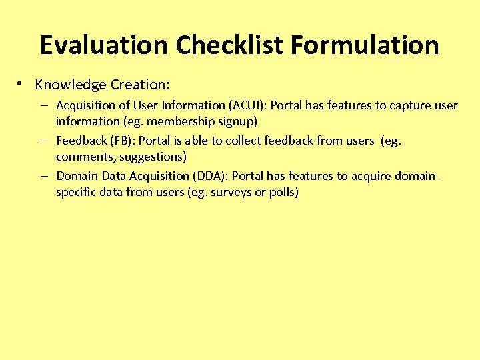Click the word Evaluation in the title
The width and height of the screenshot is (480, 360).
(x=103, y=45)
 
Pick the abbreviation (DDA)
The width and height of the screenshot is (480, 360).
(x=210, y=176)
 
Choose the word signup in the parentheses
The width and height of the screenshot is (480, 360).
(x=238, y=122)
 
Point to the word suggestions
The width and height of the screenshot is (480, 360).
(x=152, y=157)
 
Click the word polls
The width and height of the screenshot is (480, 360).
(x=283, y=193)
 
